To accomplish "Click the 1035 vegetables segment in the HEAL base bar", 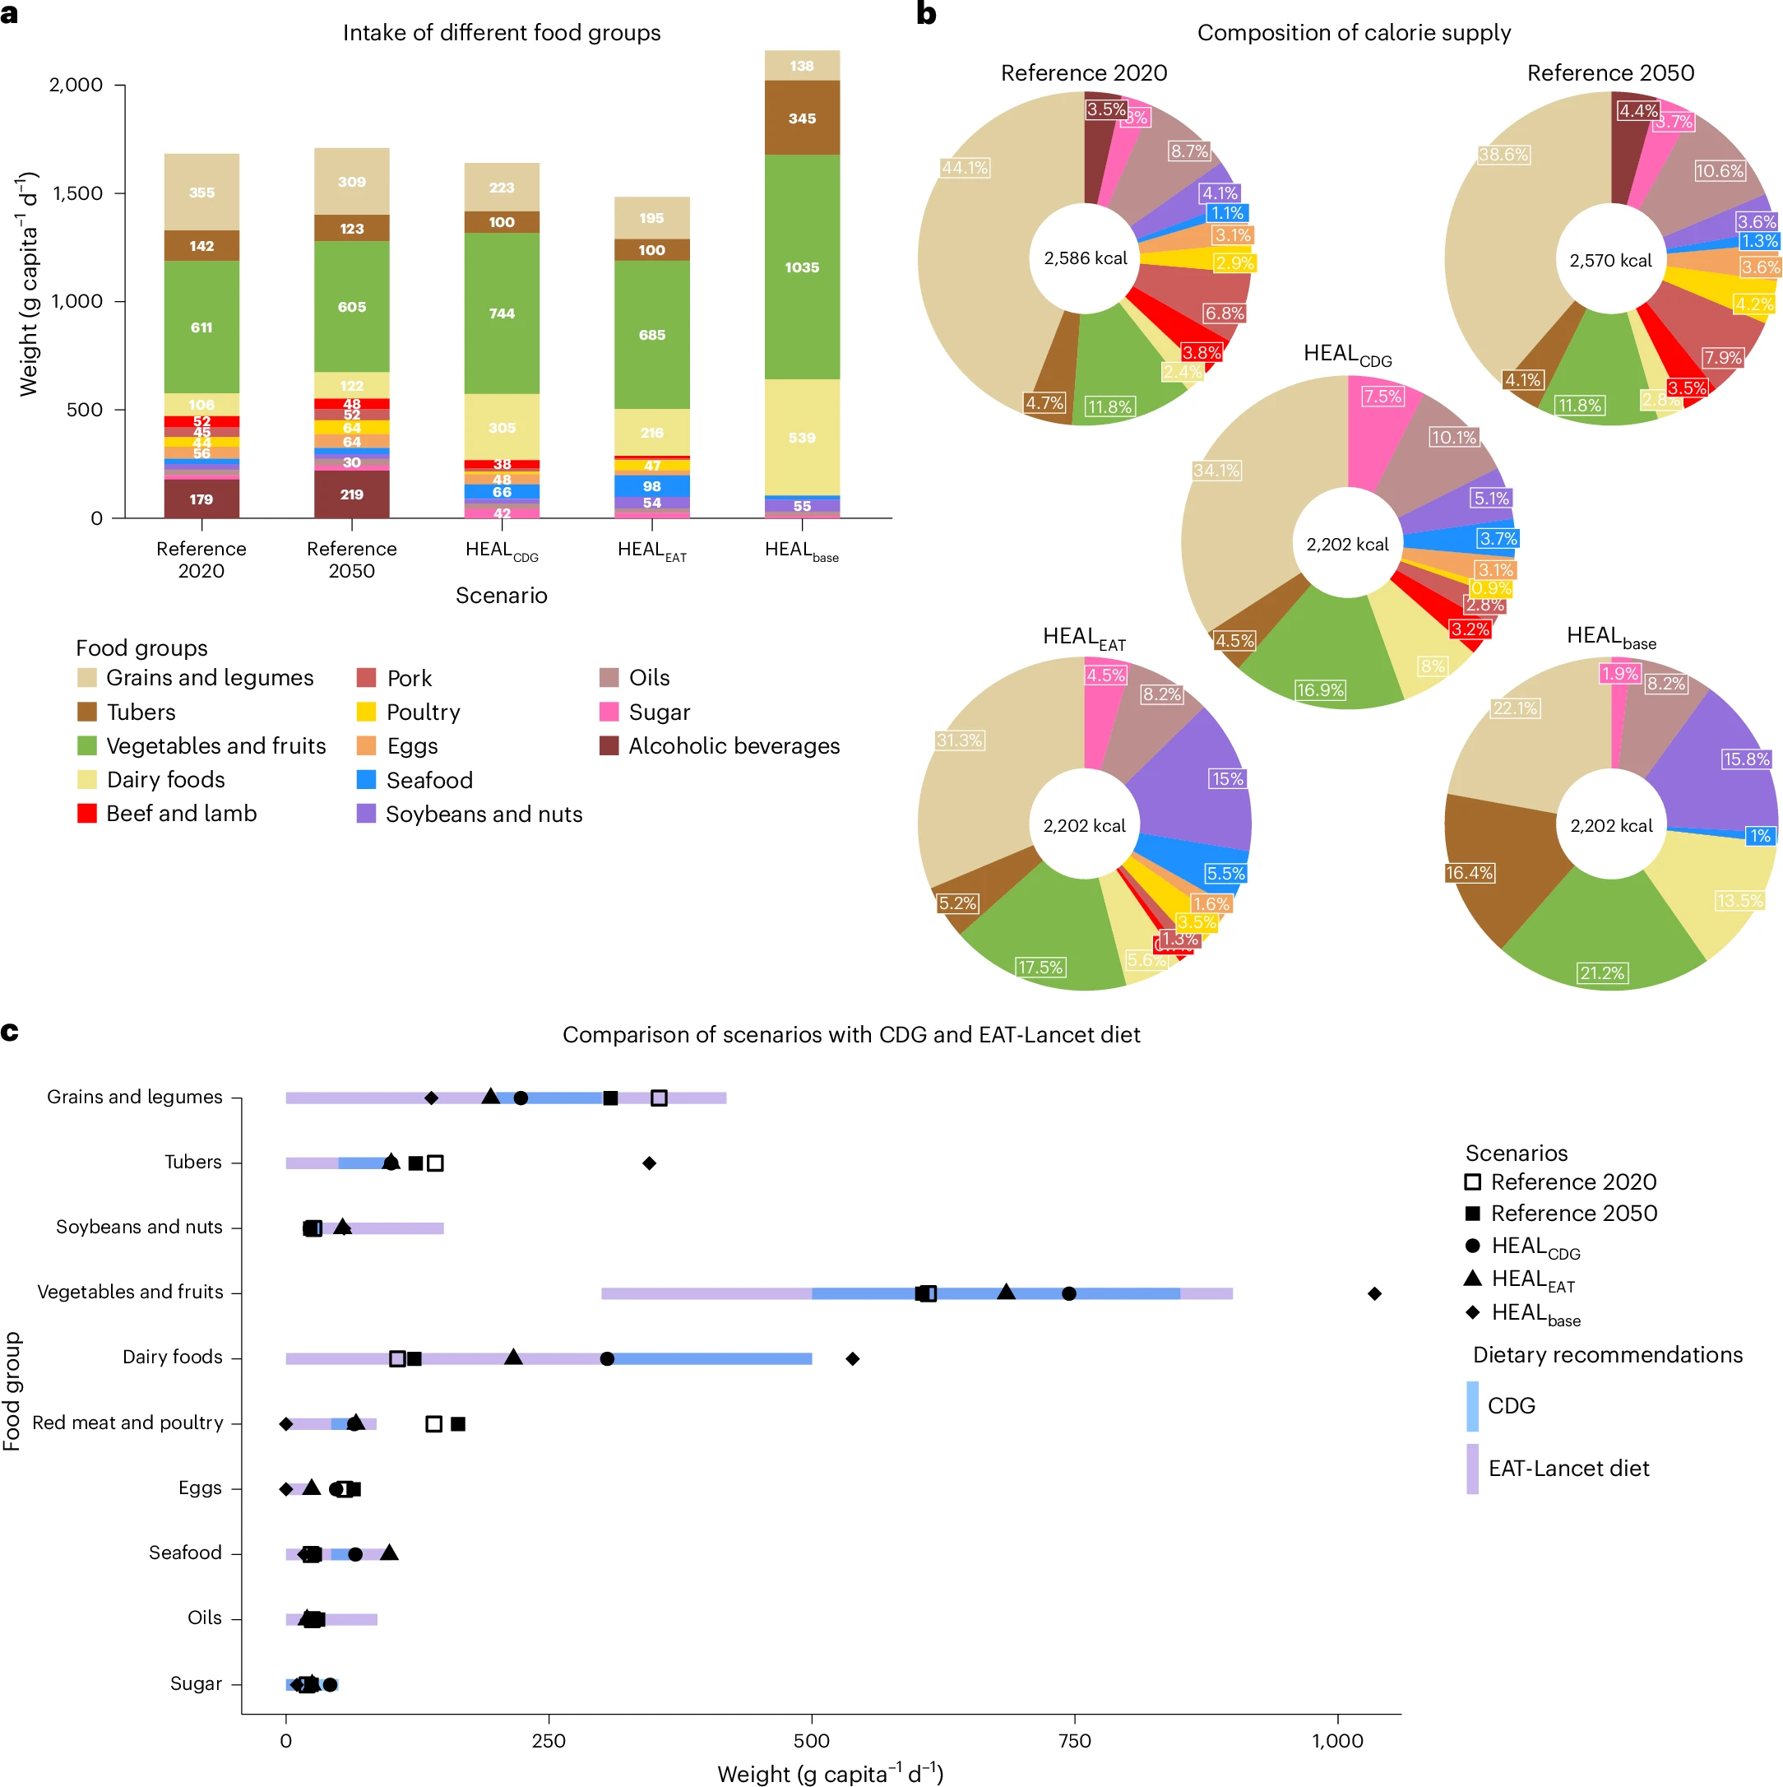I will pos(802,267).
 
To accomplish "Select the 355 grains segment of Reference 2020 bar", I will pos(201,193).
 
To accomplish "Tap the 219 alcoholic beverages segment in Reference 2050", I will pos(351,494).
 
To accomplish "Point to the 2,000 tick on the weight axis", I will pos(75,85).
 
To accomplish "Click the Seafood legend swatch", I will pos(366,780).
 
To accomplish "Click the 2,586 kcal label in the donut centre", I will pos(1085,258).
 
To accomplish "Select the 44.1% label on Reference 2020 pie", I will pos(965,167).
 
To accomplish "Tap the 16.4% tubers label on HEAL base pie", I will pos(1469,872).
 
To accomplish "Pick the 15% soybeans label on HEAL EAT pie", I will pos(1226,779).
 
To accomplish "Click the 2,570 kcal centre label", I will pos(1610,261).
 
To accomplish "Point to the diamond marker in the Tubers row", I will pos(649,1163).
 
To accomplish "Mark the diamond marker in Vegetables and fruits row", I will pos(1374,1293).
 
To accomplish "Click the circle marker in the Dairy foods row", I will pos(607,1358).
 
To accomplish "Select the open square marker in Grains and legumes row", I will pos(659,1098).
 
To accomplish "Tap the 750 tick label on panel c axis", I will pos(1075,1741).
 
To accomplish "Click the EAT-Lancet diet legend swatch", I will pos(1472,1469).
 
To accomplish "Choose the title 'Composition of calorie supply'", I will pos(1353,32).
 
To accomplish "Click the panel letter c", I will pos(10,1032).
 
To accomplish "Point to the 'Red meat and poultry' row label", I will pos(127,1423).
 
